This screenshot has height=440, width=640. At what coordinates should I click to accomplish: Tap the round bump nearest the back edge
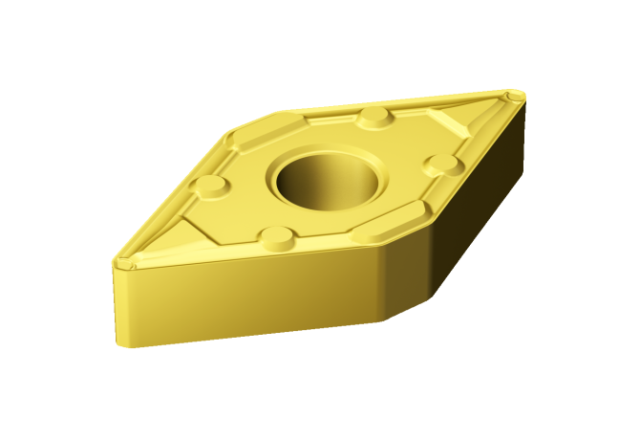[x=374, y=118]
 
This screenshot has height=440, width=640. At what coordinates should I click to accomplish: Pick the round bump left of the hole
[x=210, y=186]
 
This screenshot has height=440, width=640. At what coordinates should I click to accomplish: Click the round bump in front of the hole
[x=276, y=237]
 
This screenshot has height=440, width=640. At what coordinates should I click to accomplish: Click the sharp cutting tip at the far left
[x=121, y=261]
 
